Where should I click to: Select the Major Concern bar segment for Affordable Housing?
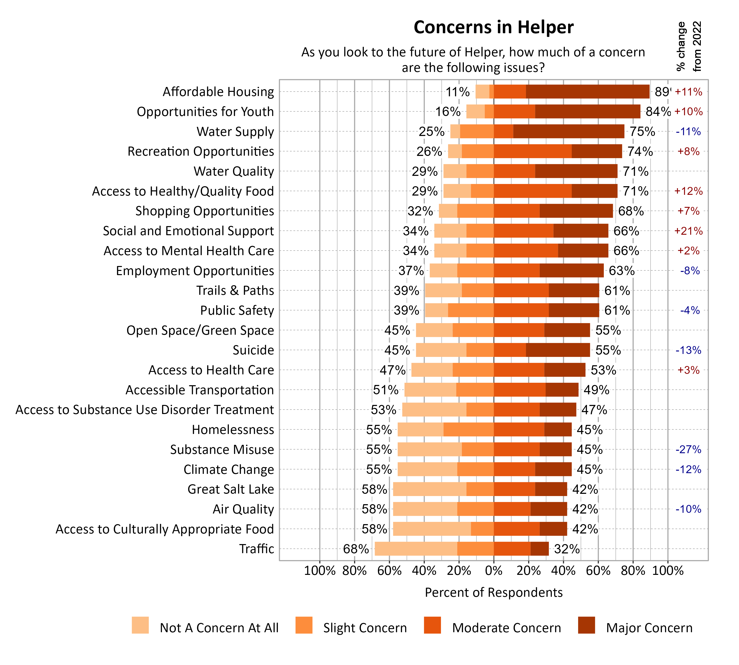point(587,92)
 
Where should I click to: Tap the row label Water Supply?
point(235,132)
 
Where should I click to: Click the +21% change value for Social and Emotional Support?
point(688,231)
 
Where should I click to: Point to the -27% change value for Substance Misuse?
point(688,449)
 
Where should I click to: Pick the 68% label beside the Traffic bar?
point(356,549)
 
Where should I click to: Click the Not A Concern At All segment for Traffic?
point(416,549)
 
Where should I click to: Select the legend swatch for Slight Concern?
point(304,625)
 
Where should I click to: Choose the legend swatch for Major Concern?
point(586,625)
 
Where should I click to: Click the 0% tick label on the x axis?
point(493,571)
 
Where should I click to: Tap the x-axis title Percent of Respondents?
point(493,592)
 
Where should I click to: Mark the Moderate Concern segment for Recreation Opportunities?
point(533,151)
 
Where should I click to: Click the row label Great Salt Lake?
point(231,489)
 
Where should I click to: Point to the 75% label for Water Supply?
point(642,132)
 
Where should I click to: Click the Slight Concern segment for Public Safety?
point(471,310)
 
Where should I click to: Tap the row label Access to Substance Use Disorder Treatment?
point(144,410)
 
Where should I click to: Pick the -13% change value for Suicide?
point(688,350)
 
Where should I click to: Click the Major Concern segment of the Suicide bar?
point(558,350)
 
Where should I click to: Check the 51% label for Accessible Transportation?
point(386,390)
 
